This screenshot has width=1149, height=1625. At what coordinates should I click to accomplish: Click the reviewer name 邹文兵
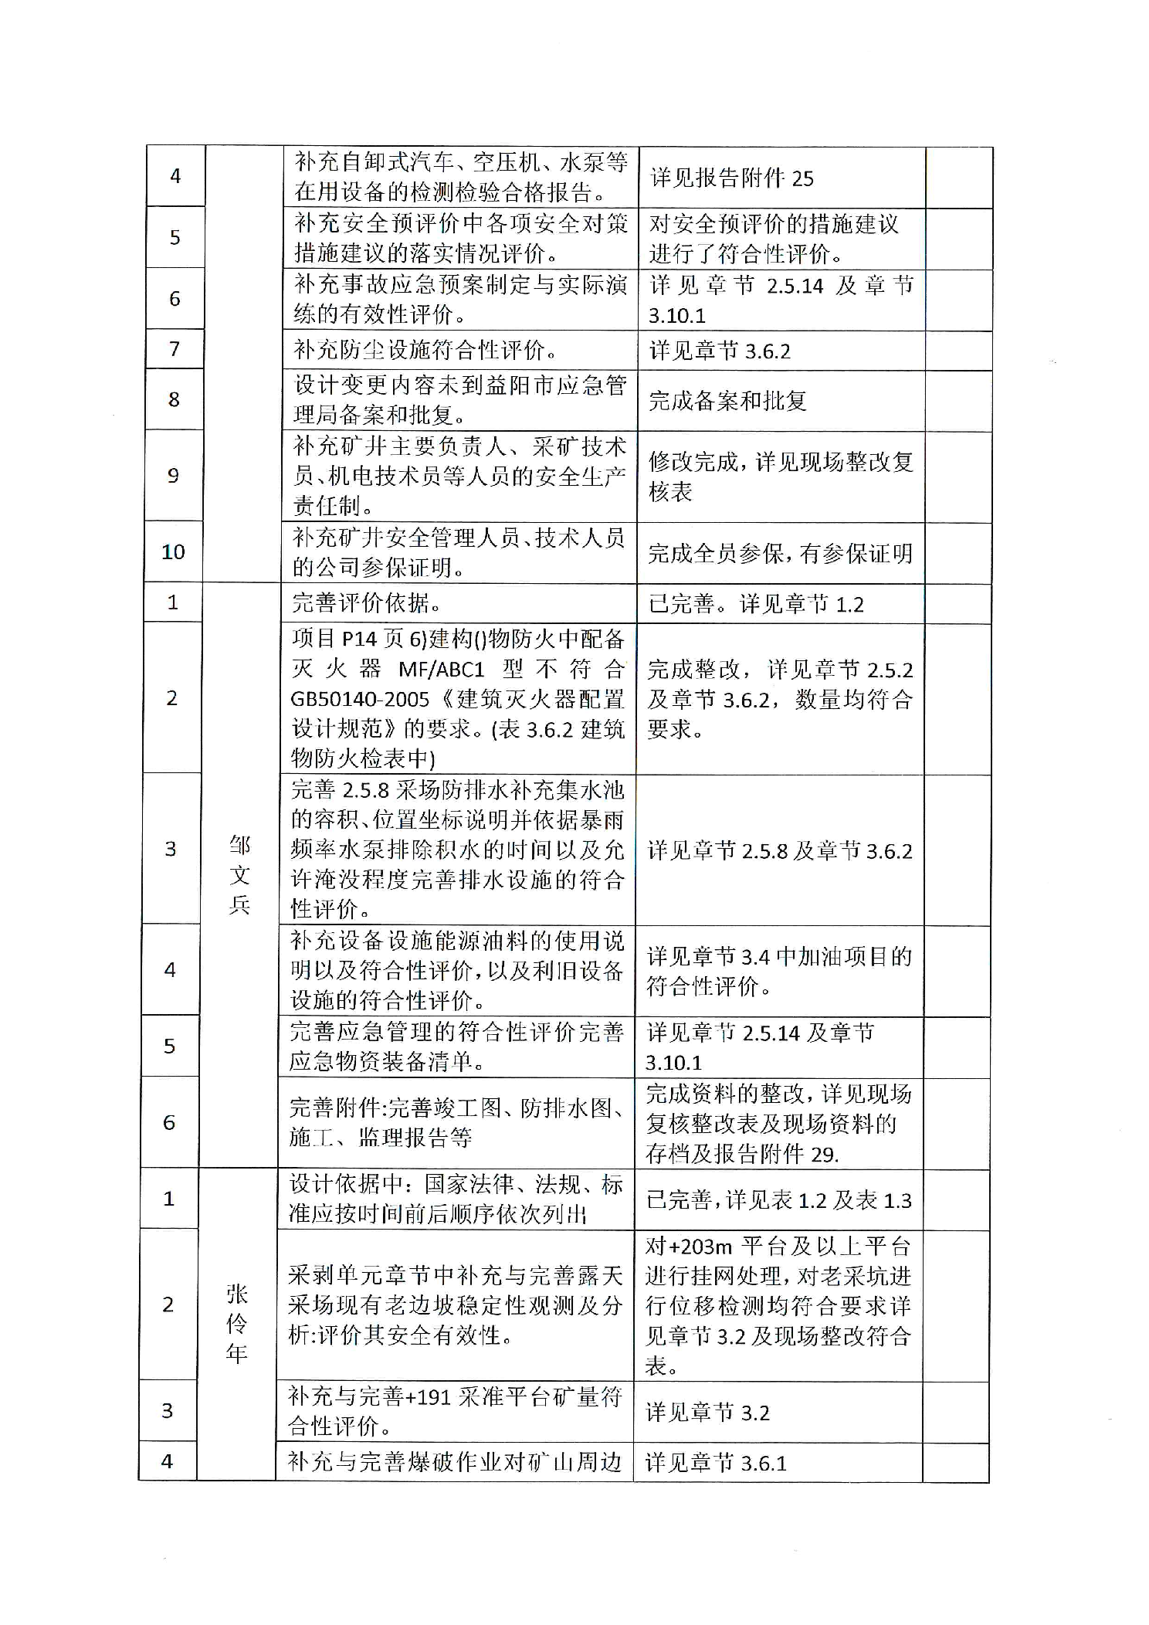pyautogui.click(x=239, y=875)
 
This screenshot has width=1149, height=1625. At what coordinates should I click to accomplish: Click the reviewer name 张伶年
pyautogui.click(x=236, y=1324)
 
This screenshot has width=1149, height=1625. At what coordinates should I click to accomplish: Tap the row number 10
pyautogui.click(x=173, y=552)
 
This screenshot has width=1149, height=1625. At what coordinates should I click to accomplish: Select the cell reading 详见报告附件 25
pyautogui.click(x=732, y=178)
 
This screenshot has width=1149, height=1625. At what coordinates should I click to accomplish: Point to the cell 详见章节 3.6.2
pyautogui.click(x=720, y=351)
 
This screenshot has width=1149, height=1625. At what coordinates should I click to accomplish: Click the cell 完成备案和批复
pyautogui.click(x=727, y=400)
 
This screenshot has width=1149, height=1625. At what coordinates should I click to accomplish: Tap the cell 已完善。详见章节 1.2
pyautogui.click(x=756, y=604)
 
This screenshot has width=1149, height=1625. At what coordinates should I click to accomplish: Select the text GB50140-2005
pyautogui.click(x=360, y=700)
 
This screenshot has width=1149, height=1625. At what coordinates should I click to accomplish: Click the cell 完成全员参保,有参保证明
pyautogui.click(x=780, y=553)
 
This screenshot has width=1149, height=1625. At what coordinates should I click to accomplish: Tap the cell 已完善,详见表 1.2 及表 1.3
pyautogui.click(x=778, y=1200)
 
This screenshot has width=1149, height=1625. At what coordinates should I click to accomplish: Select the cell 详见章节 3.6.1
pyautogui.click(x=716, y=1463)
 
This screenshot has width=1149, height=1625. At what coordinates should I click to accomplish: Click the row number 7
pyautogui.click(x=175, y=350)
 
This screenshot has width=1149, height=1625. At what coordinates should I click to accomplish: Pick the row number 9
pyautogui.click(x=174, y=476)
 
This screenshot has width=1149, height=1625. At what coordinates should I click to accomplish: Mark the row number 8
pyautogui.click(x=174, y=399)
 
